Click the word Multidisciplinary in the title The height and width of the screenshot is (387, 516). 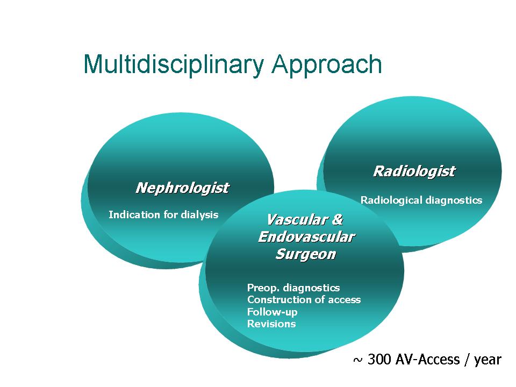(x=174, y=64)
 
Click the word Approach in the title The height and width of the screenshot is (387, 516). (x=327, y=64)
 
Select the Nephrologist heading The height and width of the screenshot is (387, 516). (x=182, y=188)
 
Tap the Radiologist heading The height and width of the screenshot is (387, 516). (x=414, y=171)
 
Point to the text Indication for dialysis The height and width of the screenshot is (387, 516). (x=163, y=215)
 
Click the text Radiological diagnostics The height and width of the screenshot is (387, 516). (x=421, y=200)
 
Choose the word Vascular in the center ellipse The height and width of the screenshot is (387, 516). (x=296, y=220)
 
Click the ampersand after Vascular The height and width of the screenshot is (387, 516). (x=338, y=220)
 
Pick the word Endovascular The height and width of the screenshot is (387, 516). (x=306, y=237)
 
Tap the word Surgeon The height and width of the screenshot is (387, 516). (x=306, y=254)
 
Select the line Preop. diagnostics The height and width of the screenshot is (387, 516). (x=293, y=288)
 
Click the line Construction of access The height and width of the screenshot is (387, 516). (x=304, y=300)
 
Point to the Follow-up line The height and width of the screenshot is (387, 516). (x=272, y=312)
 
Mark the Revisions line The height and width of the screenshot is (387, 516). (x=271, y=324)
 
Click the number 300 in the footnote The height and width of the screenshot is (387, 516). (x=379, y=360)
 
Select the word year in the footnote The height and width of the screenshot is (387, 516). (x=488, y=360)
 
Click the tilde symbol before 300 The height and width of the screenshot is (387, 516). (x=358, y=360)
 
